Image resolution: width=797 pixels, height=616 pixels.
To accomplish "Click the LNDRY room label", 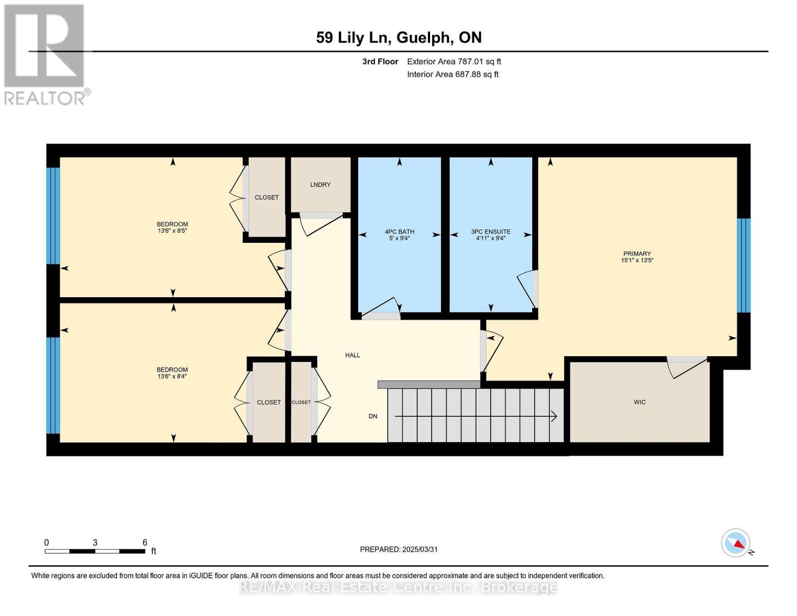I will pyautogui.click(x=320, y=185).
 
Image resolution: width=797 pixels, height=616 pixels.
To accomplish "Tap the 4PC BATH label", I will pyautogui.click(x=399, y=232).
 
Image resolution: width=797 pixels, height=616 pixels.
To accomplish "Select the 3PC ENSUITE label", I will pyautogui.click(x=491, y=232).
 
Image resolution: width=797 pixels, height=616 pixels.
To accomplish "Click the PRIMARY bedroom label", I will pyautogui.click(x=637, y=254).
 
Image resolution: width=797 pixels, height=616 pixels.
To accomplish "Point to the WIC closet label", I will pyautogui.click(x=639, y=402).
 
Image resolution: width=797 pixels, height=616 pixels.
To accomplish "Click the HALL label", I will pyautogui.click(x=353, y=355).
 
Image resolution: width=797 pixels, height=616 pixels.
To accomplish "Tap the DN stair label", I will pyautogui.click(x=373, y=416).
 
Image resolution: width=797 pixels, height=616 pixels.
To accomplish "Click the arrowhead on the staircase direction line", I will pyautogui.click(x=554, y=416).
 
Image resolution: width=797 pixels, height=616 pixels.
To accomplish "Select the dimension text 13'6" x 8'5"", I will pyautogui.click(x=172, y=231).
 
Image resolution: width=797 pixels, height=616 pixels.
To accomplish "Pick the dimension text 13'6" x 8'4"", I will pyautogui.click(x=172, y=376).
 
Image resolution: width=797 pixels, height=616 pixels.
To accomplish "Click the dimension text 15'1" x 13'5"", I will pyautogui.click(x=637, y=260).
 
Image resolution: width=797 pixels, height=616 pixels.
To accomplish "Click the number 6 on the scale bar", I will pyautogui.click(x=145, y=543).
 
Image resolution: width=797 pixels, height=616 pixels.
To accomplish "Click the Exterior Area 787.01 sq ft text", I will pyautogui.click(x=454, y=62).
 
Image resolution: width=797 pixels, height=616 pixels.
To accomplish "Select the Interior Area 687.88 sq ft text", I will pyautogui.click(x=453, y=74).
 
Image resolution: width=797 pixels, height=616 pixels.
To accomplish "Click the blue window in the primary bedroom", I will pyautogui.click(x=744, y=265).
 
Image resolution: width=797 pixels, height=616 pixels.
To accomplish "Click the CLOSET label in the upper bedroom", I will pyautogui.click(x=266, y=197).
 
